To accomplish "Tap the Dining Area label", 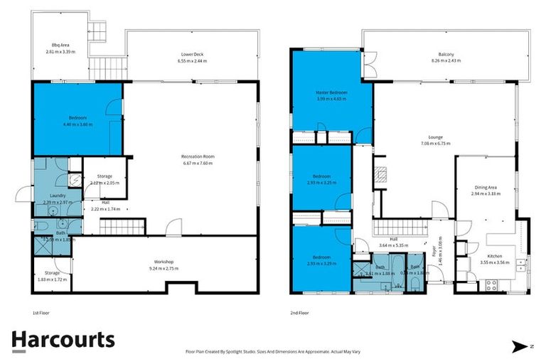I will click(486, 188).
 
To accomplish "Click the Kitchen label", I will click(494, 256).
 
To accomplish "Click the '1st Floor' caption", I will click(41, 313).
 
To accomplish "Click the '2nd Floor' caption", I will click(299, 313).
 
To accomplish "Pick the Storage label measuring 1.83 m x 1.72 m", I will click(51, 274).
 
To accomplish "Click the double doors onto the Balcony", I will click(368, 65).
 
